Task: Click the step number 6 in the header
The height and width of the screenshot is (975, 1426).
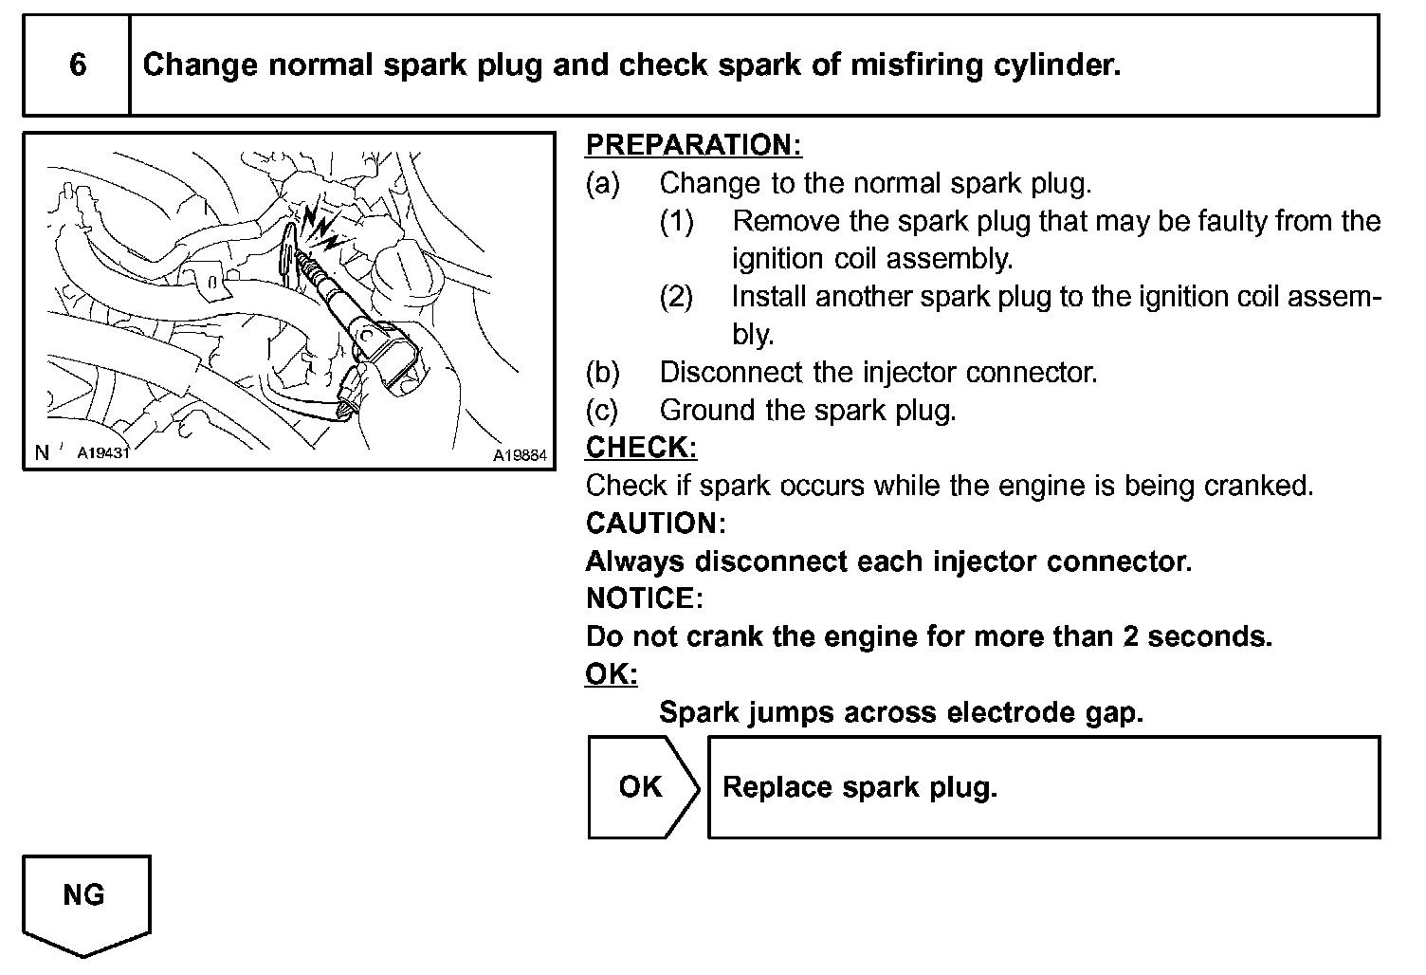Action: (x=78, y=64)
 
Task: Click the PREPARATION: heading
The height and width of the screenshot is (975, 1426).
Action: (x=693, y=145)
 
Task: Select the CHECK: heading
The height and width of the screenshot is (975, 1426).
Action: (x=641, y=447)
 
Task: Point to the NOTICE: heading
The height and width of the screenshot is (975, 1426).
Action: (x=645, y=598)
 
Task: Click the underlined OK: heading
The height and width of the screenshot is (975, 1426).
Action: (x=612, y=674)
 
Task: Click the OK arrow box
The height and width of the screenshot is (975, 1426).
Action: (x=642, y=787)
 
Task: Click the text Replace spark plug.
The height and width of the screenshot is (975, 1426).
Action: (x=860, y=787)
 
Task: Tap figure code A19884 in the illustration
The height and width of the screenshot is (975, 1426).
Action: (x=520, y=455)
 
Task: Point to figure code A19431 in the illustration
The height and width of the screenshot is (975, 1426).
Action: (x=102, y=452)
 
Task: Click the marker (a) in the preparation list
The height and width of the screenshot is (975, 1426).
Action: (x=603, y=183)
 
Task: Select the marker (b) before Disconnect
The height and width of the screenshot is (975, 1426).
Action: (x=603, y=372)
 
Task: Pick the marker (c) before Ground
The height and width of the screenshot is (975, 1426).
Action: (x=603, y=410)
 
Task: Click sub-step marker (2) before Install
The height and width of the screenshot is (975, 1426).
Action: (x=677, y=297)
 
